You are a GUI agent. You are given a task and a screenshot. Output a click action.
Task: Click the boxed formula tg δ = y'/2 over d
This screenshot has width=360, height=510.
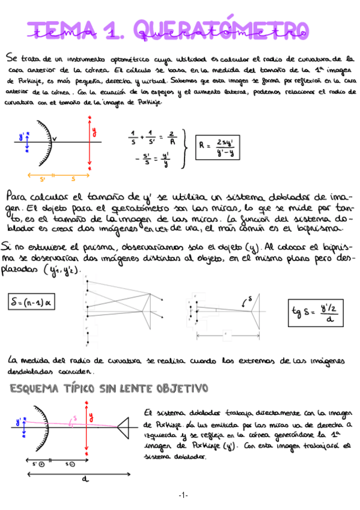[319, 312]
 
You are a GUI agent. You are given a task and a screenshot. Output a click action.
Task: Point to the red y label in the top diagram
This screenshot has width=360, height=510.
[94, 131]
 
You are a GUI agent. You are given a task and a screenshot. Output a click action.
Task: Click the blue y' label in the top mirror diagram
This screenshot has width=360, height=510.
[21, 138]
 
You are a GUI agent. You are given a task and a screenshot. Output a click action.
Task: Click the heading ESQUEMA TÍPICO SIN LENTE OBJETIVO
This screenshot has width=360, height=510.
[109, 388]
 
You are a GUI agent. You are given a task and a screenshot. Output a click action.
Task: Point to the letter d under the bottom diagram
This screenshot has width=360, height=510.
[82, 479]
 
